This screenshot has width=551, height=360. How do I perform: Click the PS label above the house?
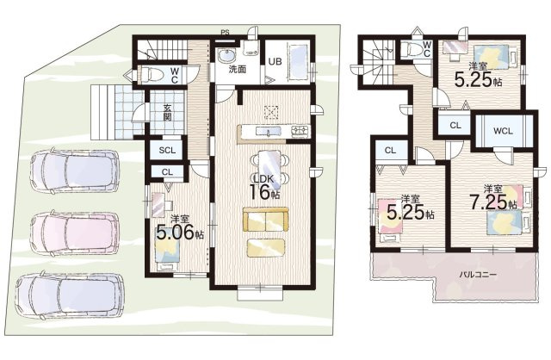pyautogui.click(x=225, y=33)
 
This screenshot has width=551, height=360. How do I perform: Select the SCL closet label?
pyautogui.click(x=167, y=151)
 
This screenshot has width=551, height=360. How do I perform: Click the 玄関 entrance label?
pyautogui.click(x=167, y=112)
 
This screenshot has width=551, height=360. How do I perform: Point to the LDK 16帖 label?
pyautogui.click(x=265, y=187)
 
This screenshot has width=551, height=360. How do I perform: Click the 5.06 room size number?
pyautogui.click(x=175, y=233)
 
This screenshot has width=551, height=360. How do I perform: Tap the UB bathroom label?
pyautogui.click(x=275, y=61)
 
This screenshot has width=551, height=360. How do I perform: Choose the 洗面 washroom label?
pyautogui.click(x=238, y=69)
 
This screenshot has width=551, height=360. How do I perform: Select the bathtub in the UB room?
pyautogui.click(x=299, y=61)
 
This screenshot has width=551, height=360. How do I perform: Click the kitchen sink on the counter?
pyautogui.click(x=269, y=132)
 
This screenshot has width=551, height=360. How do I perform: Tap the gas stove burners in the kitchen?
pyautogui.click(x=300, y=131)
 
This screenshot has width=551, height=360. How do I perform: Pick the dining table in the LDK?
pyautogui.click(x=269, y=166)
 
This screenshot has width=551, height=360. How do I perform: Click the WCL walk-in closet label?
pyautogui.click(x=503, y=131)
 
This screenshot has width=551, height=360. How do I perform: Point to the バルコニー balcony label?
pyautogui.click(x=479, y=275)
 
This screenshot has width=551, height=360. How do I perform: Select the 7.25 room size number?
pyautogui.click(x=489, y=202)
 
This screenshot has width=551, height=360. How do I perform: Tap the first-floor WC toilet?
pyautogui.click(x=152, y=75)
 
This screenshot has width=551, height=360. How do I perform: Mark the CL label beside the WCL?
pyautogui.click(x=455, y=125)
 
